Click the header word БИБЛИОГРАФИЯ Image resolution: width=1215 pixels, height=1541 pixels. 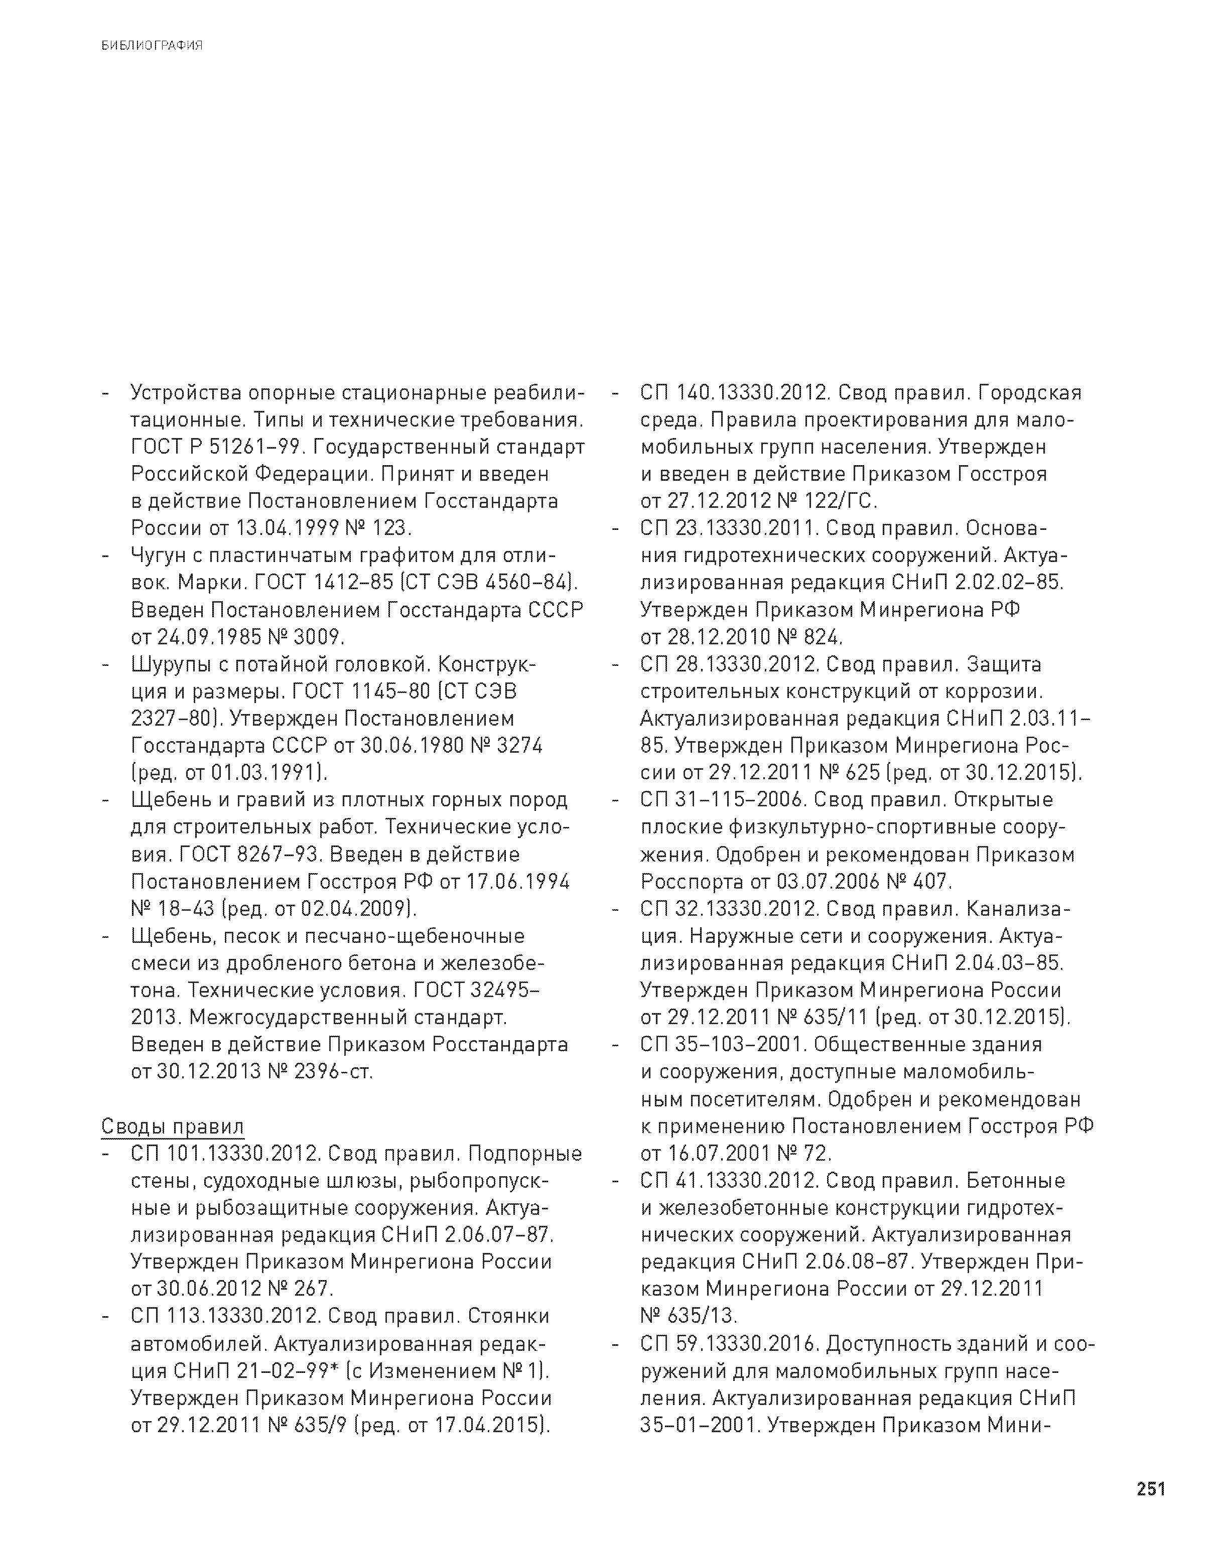coord(152,46)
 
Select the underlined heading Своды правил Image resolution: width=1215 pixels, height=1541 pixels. coord(172,1127)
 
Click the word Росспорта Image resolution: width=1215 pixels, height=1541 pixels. coord(692,882)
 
